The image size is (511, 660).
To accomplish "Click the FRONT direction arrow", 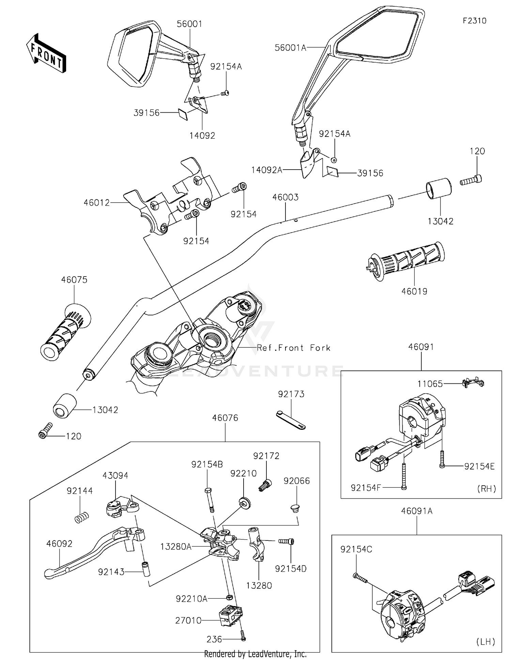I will point(46,53).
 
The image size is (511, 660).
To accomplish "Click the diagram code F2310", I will point(474,21).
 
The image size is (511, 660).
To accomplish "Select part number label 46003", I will point(285,197).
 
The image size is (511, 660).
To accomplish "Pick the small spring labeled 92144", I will point(82,518).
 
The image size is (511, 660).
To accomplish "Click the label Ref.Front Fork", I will point(294,348).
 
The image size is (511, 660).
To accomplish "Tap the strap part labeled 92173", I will point(291,420).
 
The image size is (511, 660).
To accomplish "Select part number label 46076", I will point(225,418).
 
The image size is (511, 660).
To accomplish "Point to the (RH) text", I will point(486,488).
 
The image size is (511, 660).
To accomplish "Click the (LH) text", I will point(485,642).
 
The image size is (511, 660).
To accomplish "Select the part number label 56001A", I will point(290,48).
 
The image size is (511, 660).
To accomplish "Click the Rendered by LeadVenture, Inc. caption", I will point(255,654).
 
